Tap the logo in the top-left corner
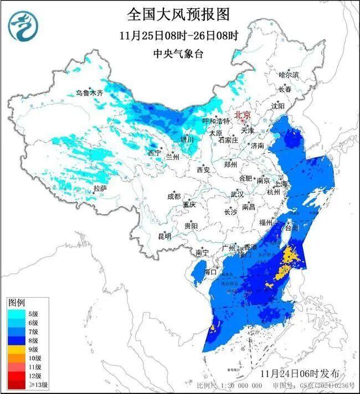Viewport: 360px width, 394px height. point(22,27)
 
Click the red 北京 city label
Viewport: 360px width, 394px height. point(243,115)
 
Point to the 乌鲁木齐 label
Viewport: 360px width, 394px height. point(90,93)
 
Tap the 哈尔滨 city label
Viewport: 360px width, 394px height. point(289,74)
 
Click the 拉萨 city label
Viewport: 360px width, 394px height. point(100,188)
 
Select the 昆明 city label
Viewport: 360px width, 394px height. point(164,236)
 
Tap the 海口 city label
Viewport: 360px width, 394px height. point(210,272)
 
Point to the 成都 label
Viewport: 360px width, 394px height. point(173,196)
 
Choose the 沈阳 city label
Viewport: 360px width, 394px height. point(278,105)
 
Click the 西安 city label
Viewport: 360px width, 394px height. point(202,170)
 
